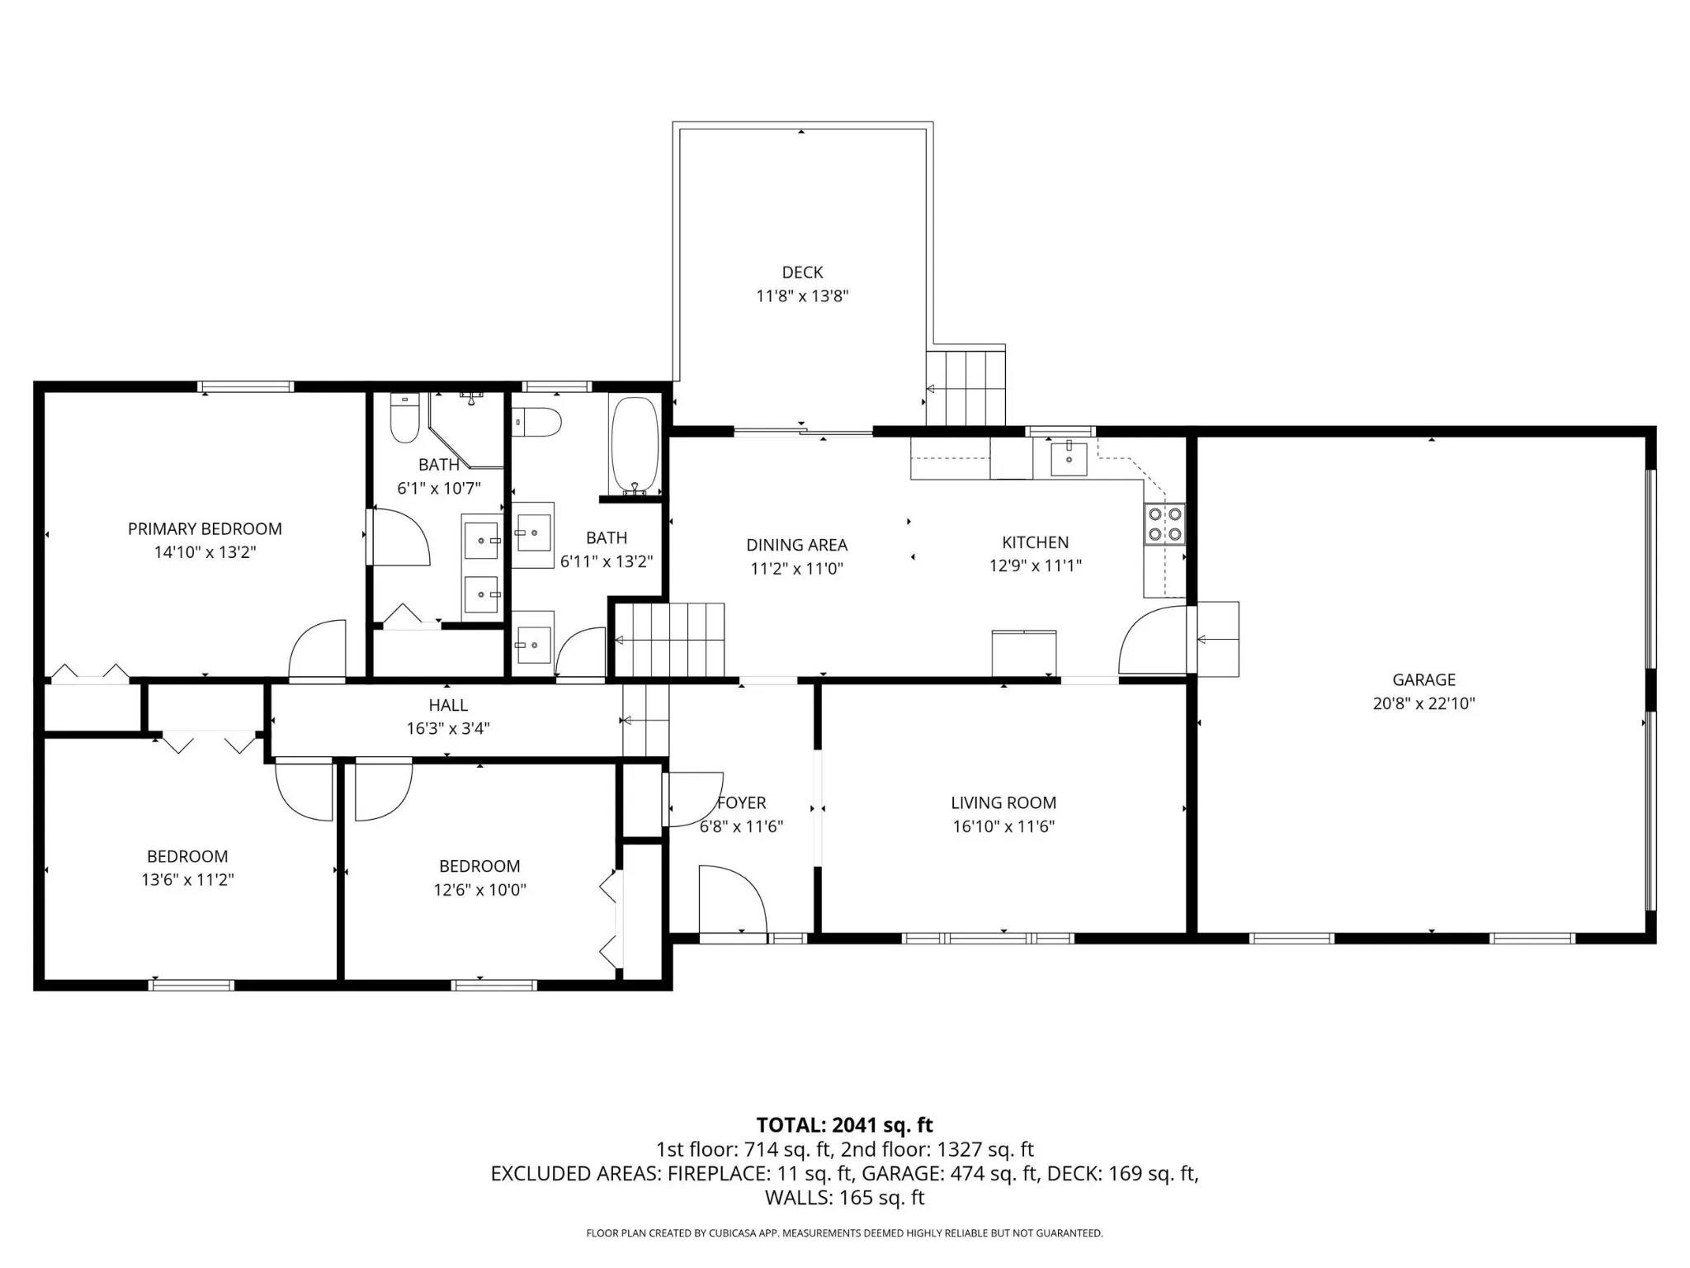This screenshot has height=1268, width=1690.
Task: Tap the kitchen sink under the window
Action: click(x=1069, y=458)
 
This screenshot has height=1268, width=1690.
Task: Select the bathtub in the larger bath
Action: click(x=635, y=447)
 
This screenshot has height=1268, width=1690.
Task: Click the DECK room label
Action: click(x=802, y=272)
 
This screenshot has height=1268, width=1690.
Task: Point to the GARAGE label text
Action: click(x=1423, y=680)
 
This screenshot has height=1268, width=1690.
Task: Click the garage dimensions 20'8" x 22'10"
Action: click(x=1423, y=703)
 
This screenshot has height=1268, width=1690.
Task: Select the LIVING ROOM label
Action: click(x=1003, y=802)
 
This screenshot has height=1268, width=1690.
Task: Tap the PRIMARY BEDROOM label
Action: click(x=205, y=529)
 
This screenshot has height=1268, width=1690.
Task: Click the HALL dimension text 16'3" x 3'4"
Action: click(x=448, y=728)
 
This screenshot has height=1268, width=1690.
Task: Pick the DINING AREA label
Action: click(x=796, y=545)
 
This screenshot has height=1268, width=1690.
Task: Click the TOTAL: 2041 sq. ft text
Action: click(x=844, y=1125)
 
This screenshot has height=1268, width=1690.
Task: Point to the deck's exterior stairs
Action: click(x=965, y=388)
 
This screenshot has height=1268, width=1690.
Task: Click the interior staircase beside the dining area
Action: click(x=670, y=640)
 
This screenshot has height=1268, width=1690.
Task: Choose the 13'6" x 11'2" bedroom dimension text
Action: click(x=187, y=880)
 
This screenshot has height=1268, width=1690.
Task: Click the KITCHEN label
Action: click(x=1036, y=542)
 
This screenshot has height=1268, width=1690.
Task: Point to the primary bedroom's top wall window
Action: click(x=246, y=386)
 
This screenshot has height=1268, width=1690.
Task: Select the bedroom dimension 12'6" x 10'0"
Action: click(x=479, y=890)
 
